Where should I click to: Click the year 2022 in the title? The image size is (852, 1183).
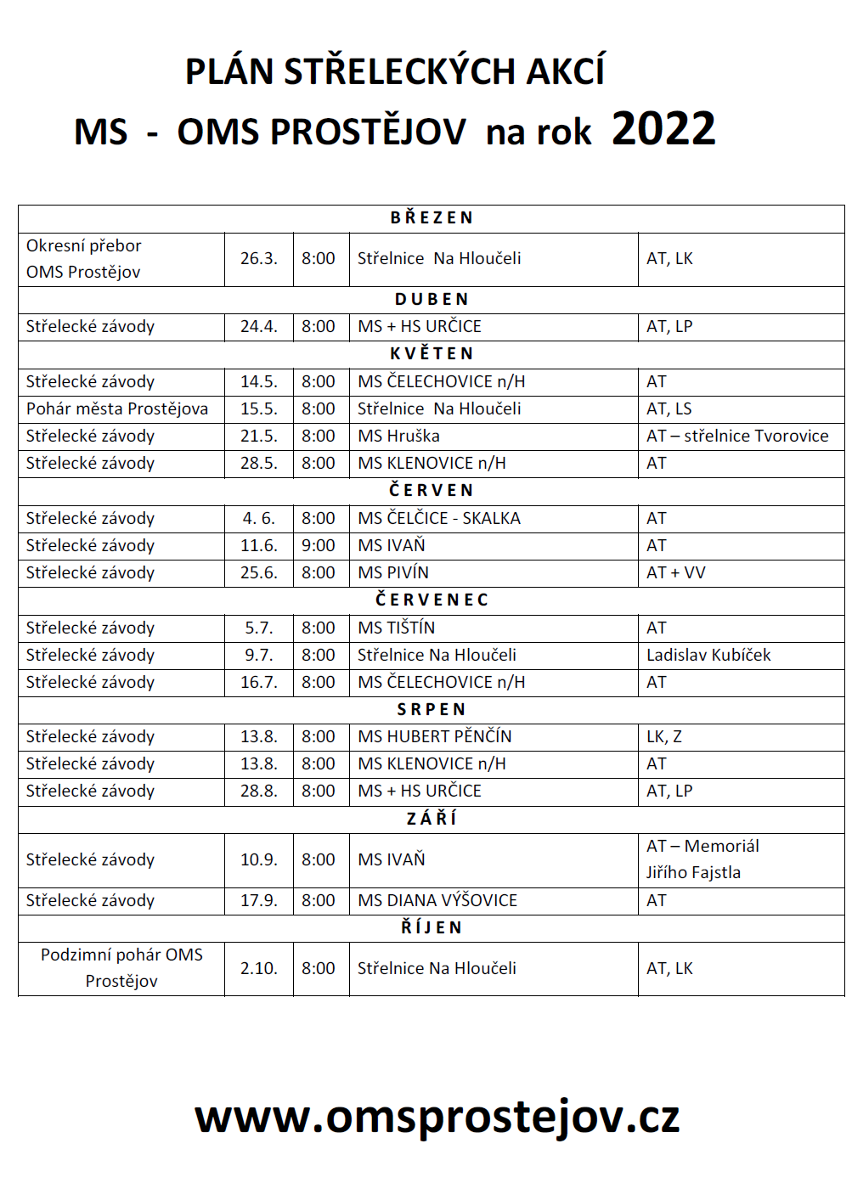point(663,130)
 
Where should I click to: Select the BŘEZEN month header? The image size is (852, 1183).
point(432,218)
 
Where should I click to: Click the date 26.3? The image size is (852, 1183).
point(259,258)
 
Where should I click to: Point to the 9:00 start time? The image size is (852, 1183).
point(319,545)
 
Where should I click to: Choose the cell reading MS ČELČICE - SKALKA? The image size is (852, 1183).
point(439,518)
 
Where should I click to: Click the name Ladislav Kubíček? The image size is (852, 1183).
point(708,655)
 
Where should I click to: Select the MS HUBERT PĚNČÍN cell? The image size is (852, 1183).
point(435,736)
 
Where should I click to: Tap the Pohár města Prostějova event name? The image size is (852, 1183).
point(117,408)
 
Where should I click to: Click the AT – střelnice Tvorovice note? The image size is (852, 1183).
point(737,436)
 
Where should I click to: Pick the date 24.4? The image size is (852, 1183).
point(259,326)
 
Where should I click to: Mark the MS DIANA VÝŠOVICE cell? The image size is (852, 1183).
point(437,900)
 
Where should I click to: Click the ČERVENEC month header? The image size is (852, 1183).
point(432,600)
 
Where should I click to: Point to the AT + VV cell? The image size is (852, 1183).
point(676,572)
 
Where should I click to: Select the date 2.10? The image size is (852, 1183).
point(259,968)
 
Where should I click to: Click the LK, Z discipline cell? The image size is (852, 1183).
point(664,736)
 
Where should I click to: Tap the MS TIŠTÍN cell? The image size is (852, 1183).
point(397,628)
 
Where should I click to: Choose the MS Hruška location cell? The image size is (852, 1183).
point(399,436)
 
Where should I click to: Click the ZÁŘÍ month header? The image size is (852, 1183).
point(432,819)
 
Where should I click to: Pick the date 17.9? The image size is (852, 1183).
point(259,900)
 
